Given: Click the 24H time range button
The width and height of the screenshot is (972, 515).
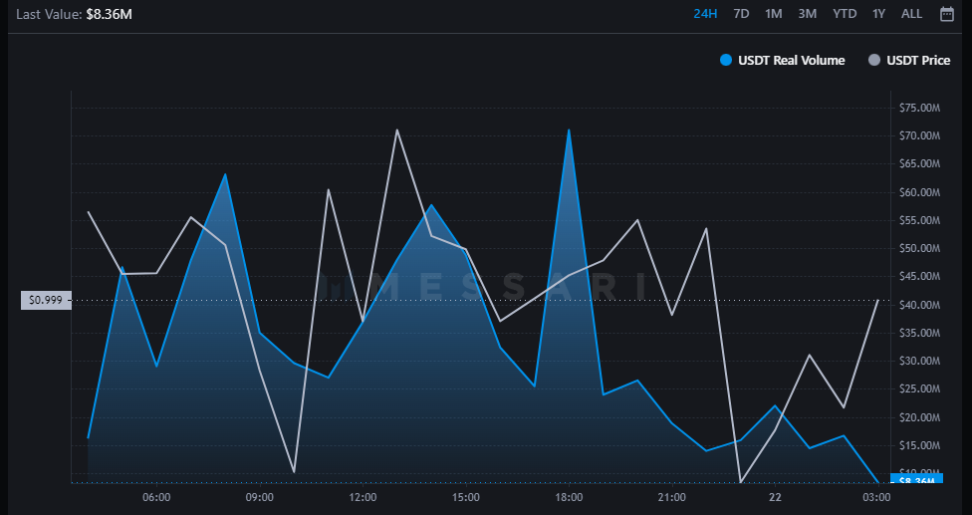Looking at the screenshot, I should point(705,14).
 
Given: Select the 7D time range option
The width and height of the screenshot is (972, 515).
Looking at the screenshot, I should point(741,14).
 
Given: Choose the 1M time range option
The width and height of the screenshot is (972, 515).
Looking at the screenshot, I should point(773,14).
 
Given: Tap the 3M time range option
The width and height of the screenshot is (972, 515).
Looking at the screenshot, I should point(807,14).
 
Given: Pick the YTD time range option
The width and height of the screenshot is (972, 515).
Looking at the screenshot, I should point(845,14).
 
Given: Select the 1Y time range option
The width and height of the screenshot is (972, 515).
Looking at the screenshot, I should point(878,14).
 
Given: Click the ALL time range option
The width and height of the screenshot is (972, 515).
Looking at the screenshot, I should point(911,14).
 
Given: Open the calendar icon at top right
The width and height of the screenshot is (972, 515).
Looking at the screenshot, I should point(947,14).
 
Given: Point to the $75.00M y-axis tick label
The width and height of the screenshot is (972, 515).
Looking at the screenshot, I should point(919,108).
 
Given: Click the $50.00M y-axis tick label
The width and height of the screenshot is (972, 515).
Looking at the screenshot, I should point(919,248).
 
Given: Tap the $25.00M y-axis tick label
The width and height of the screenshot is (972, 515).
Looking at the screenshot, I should point(919,388).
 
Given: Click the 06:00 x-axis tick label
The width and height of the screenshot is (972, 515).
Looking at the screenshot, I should point(156,497).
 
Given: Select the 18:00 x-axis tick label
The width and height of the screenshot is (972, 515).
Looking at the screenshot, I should point(569,497).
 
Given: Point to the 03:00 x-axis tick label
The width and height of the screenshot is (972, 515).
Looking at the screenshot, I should point(876,497).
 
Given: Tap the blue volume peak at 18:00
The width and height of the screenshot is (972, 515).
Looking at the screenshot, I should point(569,130).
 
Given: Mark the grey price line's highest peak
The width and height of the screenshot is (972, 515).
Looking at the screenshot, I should point(396,130).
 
